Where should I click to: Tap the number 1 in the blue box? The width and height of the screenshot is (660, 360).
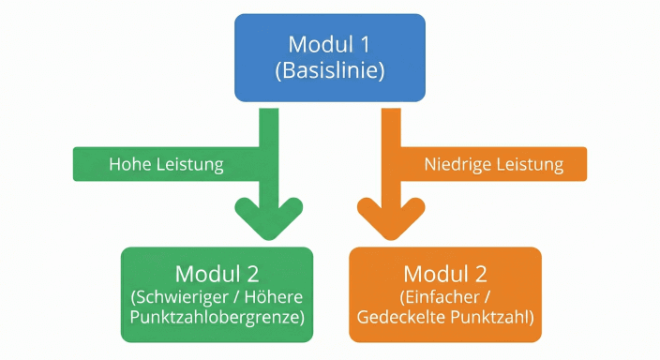(365, 44)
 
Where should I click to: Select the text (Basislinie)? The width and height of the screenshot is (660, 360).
(329, 71)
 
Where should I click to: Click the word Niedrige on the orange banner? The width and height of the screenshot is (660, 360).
(457, 164)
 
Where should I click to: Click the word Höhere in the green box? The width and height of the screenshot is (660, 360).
(274, 298)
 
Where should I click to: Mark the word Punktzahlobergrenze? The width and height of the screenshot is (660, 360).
(217, 318)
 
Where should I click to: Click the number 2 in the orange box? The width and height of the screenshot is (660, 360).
(481, 275)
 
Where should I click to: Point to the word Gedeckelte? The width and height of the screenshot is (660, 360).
(400, 318)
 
